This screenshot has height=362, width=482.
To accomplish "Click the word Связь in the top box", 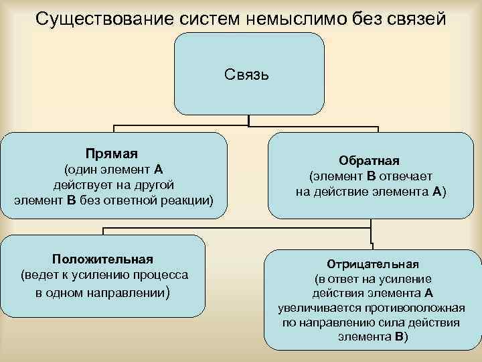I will click(x=248, y=73).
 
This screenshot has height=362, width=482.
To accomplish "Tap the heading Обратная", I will click(x=370, y=161).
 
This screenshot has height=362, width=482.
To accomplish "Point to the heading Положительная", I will click(x=103, y=259).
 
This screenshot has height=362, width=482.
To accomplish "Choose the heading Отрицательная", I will click(x=372, y=263).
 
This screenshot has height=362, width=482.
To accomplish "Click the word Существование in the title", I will click(x=102, y=17).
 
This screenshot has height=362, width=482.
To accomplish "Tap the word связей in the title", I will click(x=415, y=17).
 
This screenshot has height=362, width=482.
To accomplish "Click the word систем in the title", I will click(x=209, y=17).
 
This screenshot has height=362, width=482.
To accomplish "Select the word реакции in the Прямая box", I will click(x=185, y=200).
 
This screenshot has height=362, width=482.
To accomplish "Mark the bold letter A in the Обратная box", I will click(x=436, y=192).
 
